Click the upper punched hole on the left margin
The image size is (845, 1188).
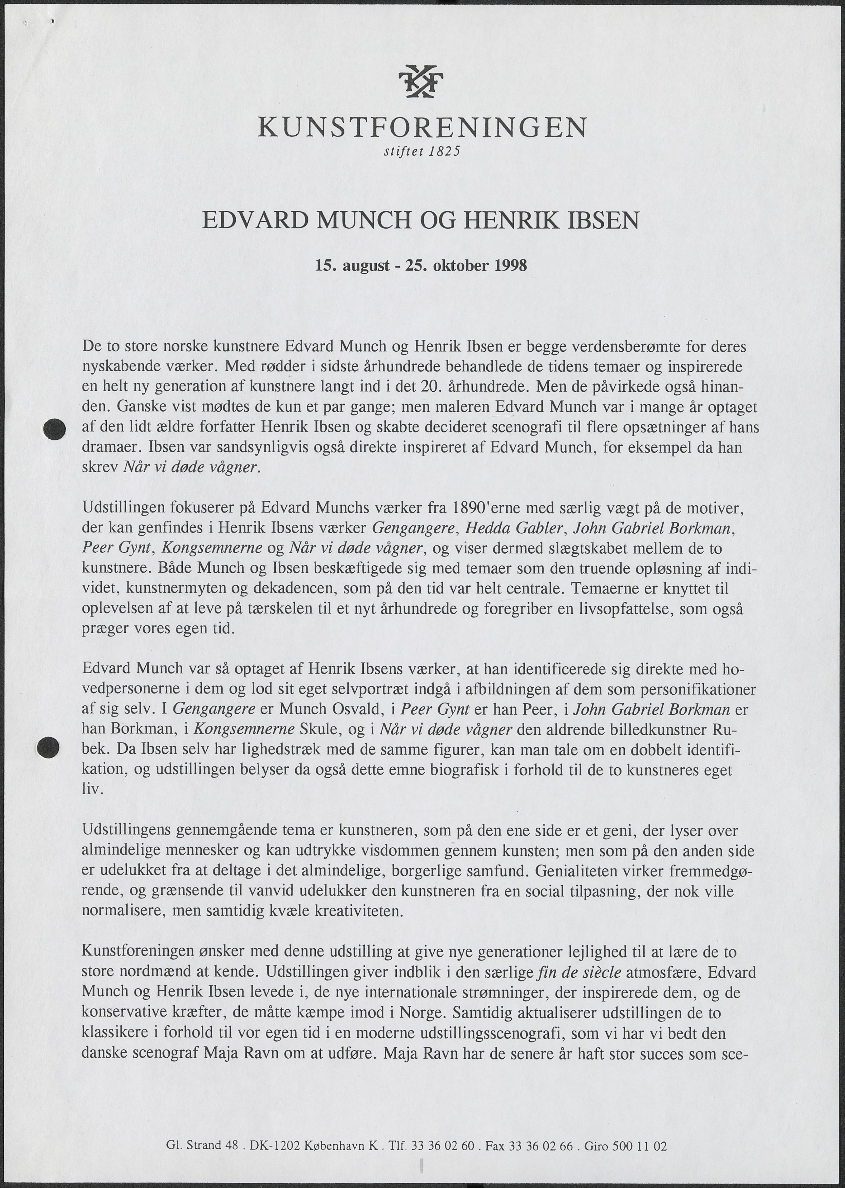(x=54, y=429)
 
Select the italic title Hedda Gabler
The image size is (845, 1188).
(x=515, y=528)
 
